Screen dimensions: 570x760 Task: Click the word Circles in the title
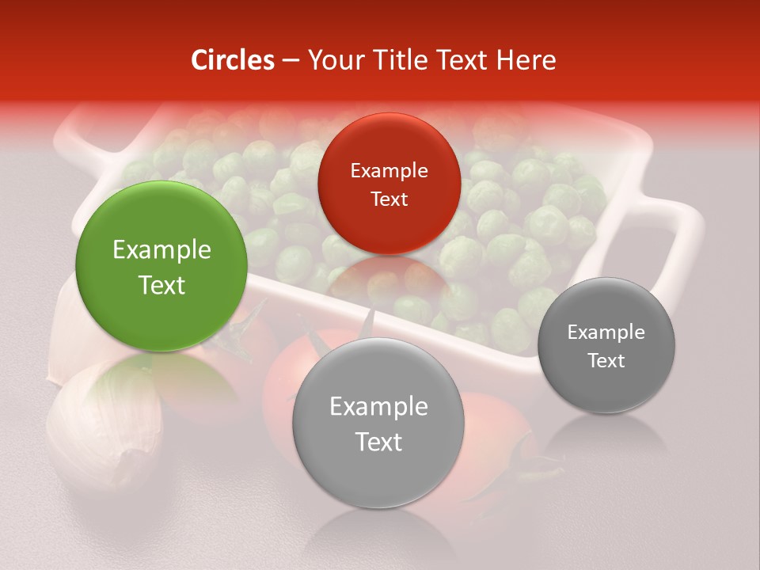[x=233, y=60]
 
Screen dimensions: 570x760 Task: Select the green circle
[x=161, y=266]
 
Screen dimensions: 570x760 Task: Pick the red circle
[x=389, y=184]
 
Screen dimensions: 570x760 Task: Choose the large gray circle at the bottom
[x=378, y=423]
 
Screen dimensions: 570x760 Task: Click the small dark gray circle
[x=606, y=345]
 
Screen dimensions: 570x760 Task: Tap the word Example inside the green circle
[x=161, y=250]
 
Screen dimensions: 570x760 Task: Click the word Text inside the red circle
[x=389, y=199]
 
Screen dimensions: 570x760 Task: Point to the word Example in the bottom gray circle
[x=378, y=407]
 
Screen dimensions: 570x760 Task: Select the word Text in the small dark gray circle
[x=606, y=361]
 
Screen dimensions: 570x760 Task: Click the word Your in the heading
[x=332, y=60]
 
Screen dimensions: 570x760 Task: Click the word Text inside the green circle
[x=161, y=285]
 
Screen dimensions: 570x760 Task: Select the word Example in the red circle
[x=389, y=171]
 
